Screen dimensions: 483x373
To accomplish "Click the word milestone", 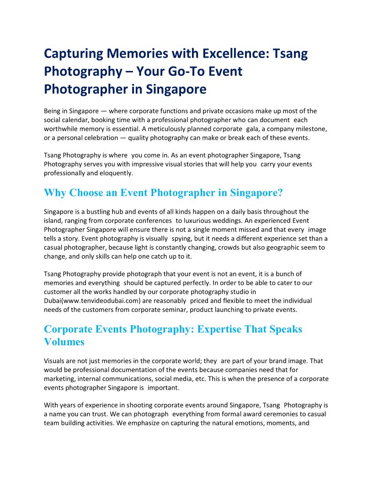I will [306, 129].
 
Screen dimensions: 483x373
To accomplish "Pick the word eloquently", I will [112, 173].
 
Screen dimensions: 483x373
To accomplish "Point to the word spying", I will [181, 238].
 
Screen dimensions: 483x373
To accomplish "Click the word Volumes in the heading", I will [64, 342].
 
